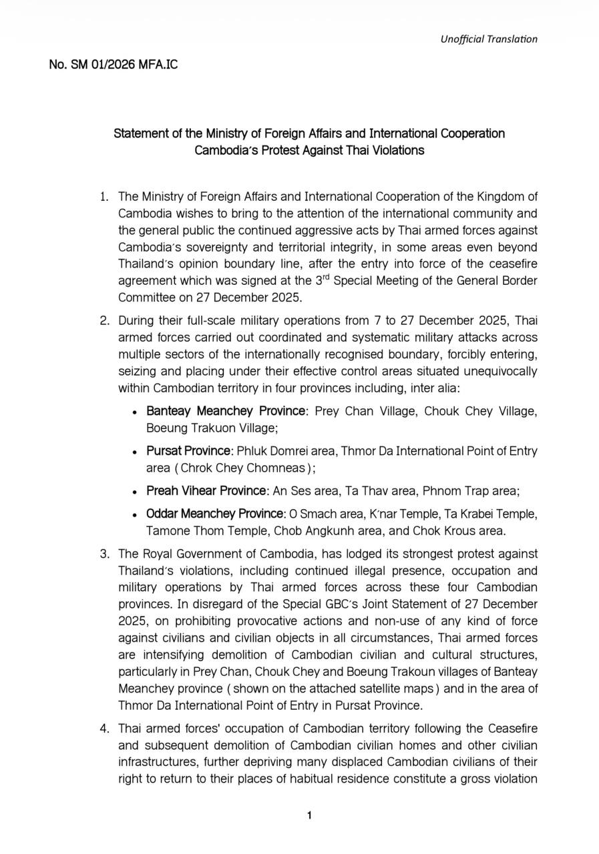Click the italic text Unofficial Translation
488,39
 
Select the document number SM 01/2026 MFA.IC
114,65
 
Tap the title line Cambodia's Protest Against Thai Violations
309,150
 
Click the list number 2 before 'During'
104,320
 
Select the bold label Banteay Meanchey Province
225,410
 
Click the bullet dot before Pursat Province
136,452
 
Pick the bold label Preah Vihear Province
206,491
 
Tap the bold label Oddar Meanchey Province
215,514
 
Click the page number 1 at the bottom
309,815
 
